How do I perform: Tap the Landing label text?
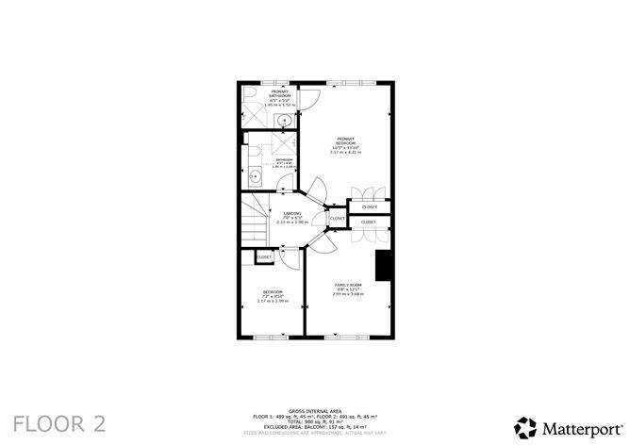pyautogui.click(x=292, y=217)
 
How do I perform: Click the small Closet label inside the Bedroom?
pyautogui.click(x=264, y=256)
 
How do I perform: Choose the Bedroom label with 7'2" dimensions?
pyautogui.click(x=273, y=295)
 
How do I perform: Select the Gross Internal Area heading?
pyautogui.click(x=314, y=410)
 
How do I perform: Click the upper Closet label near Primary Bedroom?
pyautogui.click(x=369, y=207)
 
